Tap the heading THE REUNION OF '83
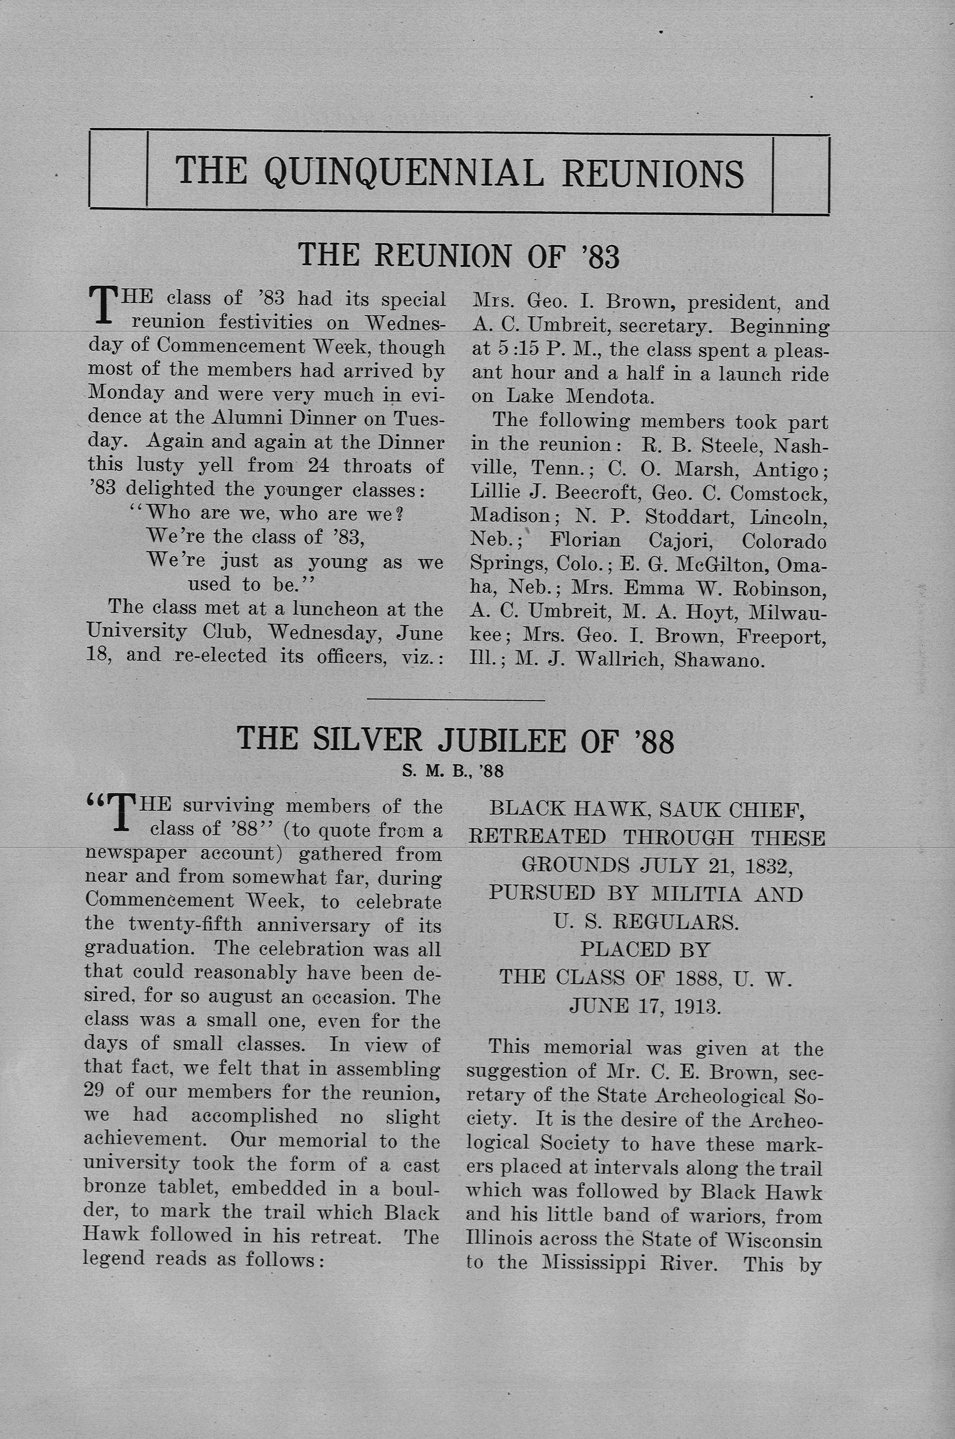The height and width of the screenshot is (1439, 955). click(458, 255)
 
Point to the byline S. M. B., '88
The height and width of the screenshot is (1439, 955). click(453, 771)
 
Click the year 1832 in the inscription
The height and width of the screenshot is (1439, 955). click(772, 865)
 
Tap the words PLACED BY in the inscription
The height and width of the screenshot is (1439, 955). click(645, 949)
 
